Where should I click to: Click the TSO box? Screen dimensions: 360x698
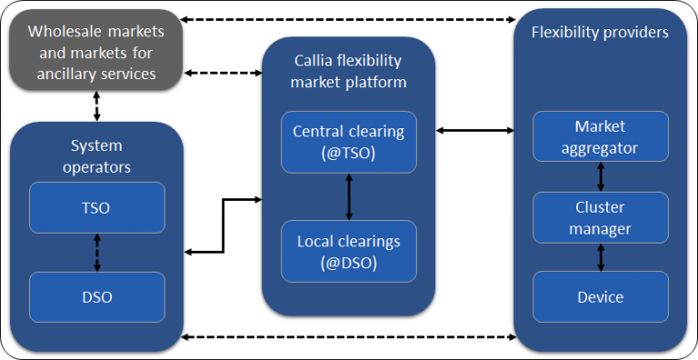[97, 207]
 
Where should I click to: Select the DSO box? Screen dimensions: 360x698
[97, 296]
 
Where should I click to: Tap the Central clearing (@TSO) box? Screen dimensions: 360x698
[348, 142]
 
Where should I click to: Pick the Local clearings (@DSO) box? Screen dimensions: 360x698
[348, 251]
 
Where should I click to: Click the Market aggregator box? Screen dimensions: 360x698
[600, 135]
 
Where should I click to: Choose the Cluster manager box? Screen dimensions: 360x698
[600, 217]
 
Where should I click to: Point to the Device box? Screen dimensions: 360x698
[600, 296]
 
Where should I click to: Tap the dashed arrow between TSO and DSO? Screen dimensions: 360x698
[97, 252]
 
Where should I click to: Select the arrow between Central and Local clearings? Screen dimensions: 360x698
[349, 196]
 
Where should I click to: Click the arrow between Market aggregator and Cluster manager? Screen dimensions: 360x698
[600, 176]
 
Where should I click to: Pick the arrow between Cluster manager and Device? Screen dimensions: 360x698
[600, 256]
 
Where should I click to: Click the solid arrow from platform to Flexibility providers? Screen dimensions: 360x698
[474, 131]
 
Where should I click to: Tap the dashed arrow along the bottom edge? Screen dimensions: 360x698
[349, 338]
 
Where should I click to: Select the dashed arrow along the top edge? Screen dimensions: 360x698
[349, 18]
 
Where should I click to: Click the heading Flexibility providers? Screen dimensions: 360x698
[600, 33]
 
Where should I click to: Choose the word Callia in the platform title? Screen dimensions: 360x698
[316, 60]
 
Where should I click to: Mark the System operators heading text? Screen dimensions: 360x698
[97, 156]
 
